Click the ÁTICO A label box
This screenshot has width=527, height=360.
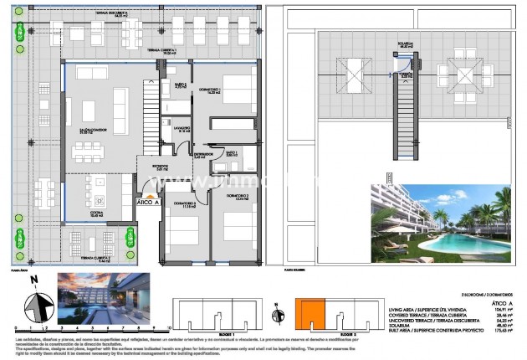[148, 203]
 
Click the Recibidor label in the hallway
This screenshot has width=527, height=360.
[159, 167]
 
